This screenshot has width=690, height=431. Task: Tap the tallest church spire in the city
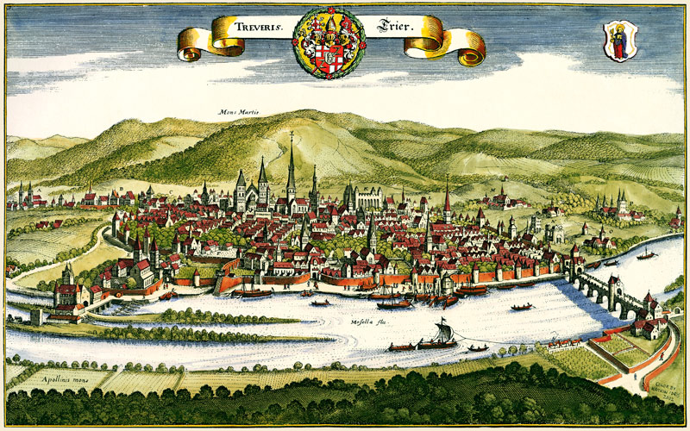pos(292,168)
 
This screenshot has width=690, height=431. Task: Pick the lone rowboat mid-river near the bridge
pos(521,306)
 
